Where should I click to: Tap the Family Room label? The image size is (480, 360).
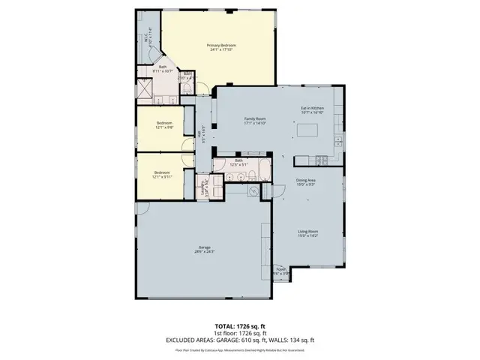(256, 118)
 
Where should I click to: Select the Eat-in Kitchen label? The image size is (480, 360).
(311, 108)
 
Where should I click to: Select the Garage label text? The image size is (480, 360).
(203, 247)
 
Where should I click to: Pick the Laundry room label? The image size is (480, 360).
(205, 187)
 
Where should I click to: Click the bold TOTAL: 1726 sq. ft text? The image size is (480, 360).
(239, 325)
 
